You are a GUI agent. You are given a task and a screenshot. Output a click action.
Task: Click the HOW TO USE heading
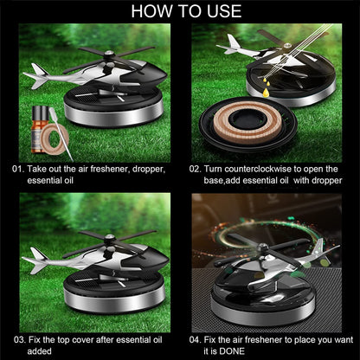click(180, 11)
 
